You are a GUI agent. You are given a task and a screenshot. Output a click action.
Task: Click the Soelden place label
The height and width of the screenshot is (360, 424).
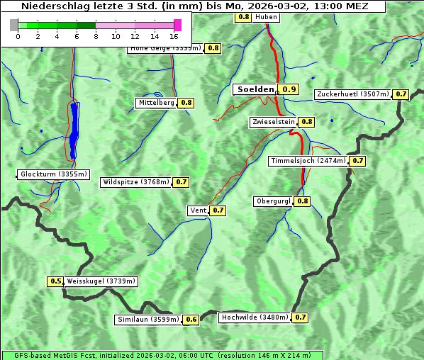point(255,89)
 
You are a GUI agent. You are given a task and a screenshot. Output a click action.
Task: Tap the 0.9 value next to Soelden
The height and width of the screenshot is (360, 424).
point(289,89)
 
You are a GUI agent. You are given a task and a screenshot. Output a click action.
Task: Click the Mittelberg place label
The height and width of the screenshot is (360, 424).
point(157,103)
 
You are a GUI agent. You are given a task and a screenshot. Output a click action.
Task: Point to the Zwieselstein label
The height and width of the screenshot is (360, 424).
point(273,122)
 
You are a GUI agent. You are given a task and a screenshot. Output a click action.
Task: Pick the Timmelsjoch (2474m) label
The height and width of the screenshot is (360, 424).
point(308,161)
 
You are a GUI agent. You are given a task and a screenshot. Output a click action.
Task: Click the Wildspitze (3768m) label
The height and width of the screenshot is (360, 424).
point(136,182)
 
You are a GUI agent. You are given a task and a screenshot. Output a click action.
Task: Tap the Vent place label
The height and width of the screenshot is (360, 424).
point(198,210)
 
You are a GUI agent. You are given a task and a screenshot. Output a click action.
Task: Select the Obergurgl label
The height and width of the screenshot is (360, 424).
point(273,201)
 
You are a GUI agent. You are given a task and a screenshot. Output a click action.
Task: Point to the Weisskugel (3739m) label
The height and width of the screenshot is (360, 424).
point(101,281)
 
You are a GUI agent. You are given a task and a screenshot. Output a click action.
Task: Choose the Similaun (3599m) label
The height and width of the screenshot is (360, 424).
point(148,320)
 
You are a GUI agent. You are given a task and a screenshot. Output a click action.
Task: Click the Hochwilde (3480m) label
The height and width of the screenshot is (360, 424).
point(254,317)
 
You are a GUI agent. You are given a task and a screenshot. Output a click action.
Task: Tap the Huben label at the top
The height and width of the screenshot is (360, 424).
point(266,16)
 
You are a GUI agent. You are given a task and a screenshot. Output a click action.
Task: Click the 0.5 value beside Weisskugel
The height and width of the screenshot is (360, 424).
point(56,281)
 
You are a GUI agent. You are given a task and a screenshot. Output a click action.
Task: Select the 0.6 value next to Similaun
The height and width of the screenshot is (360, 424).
point(191,320)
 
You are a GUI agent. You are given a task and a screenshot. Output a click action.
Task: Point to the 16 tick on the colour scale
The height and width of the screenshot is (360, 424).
point(174,35)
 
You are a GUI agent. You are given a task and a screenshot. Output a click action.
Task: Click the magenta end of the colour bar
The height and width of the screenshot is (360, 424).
point(177,25)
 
